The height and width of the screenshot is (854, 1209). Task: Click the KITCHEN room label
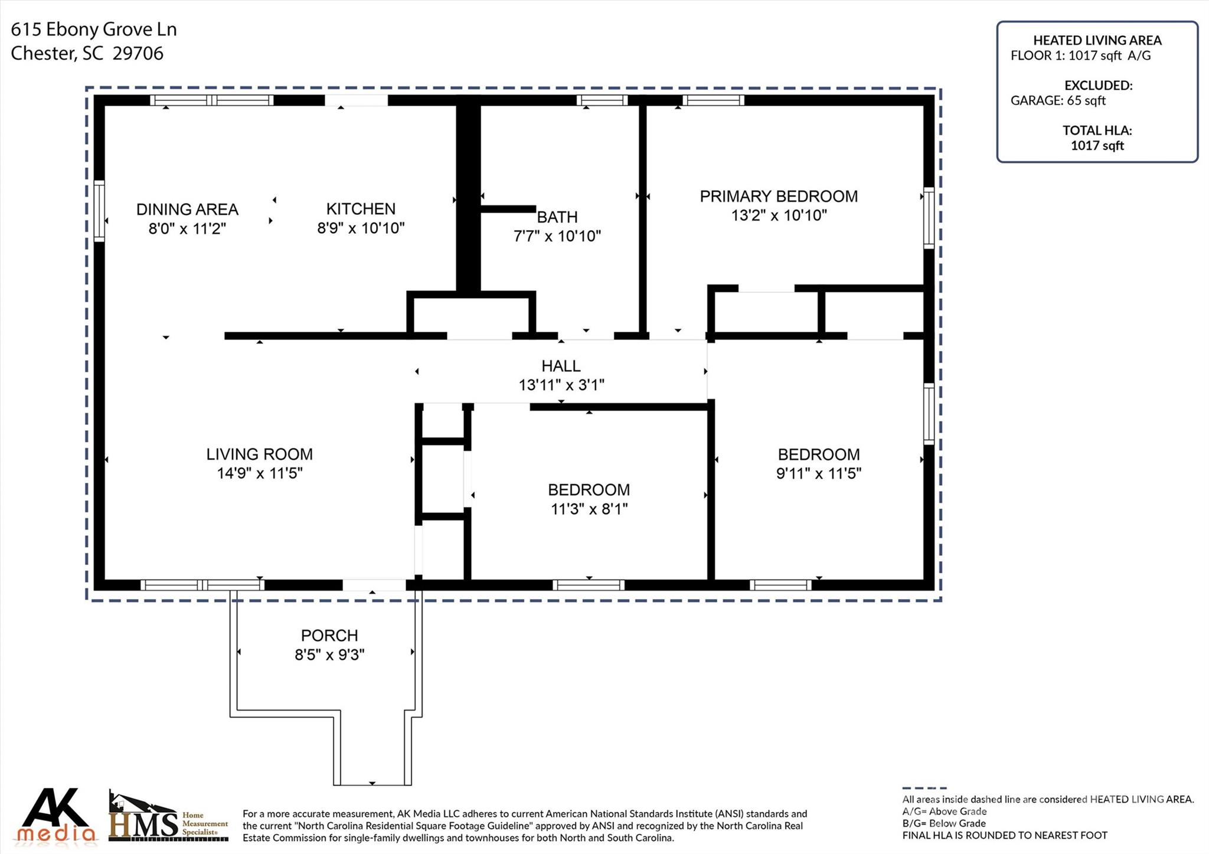tap(361, 209)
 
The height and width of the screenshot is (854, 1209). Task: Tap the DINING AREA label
tap(187, 210)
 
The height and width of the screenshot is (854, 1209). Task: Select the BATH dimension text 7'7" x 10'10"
tap(557, 236)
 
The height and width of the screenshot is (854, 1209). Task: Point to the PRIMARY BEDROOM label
tap(779, 197)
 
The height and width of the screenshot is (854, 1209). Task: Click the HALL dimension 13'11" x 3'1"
tap(561, 385)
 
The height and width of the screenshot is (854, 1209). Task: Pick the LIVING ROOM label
tap(259, 454)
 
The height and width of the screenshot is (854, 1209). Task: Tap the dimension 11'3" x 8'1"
tap(589, 509)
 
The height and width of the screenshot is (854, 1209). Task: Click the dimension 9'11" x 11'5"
tap(818, 473)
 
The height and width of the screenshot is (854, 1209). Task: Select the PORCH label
tap(329, 636)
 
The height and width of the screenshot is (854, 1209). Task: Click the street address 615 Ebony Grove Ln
tap(94, 30)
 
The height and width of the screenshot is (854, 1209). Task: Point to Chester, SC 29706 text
tap(87, 54)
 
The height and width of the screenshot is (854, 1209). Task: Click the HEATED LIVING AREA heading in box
tap(1097, 41)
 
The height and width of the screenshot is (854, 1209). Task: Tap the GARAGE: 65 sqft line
tap(1058, 101)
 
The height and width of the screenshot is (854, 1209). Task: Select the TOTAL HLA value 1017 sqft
tap(1097, 146)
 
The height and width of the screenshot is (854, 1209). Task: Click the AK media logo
tap(55, 816)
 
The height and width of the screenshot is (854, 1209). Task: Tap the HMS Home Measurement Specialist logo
tap(168, 817)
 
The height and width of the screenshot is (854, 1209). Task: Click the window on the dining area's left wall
tap(99, 211)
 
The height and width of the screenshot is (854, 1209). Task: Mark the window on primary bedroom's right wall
tap(929, 218)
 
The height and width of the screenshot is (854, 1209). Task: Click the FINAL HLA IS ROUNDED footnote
tap(1004, 836)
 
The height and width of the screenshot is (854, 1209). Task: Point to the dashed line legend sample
tap(924, 788)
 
